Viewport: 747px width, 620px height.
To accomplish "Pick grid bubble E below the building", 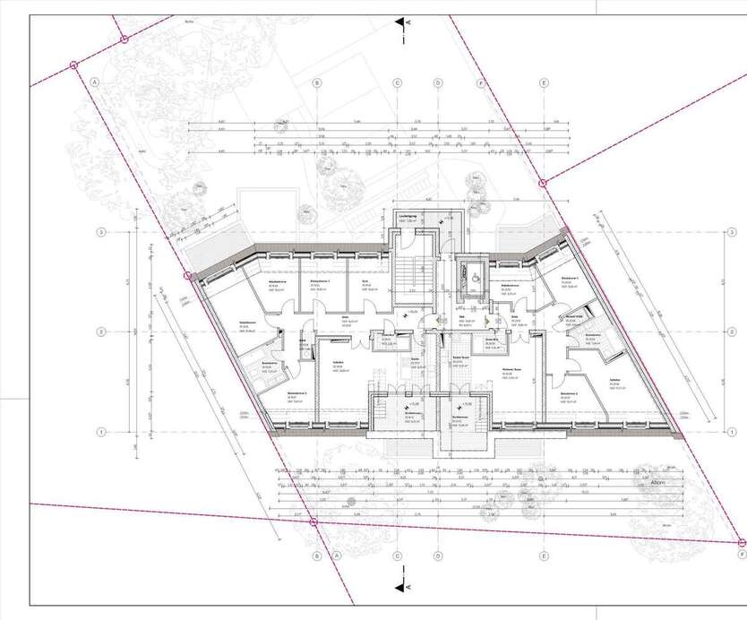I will tap(544, 555).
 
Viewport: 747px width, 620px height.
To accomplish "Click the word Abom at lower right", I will tap(652, 480).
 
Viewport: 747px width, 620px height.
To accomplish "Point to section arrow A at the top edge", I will tap(408, 22).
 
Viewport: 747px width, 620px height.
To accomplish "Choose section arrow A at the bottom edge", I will tap(408, 587).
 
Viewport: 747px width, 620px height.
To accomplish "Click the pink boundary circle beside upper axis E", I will tap(544, 182).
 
